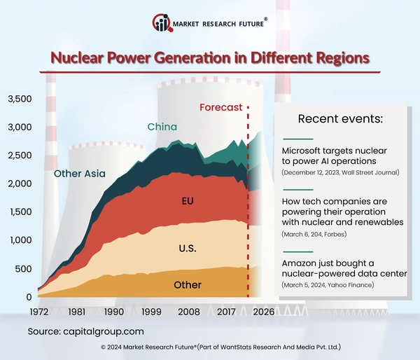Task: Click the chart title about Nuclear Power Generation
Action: point(210,57)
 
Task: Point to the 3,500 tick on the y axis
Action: point(19,99)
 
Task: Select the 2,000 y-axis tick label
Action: point(19,184)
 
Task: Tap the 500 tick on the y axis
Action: point(24,268)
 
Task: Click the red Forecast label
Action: point(220,108)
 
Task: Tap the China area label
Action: point(162,127)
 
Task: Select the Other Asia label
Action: point(80,174)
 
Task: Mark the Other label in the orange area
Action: point(187,284)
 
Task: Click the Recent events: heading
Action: point(340,118)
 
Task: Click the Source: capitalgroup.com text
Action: point(86,330)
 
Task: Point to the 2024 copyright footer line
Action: point(210,347)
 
